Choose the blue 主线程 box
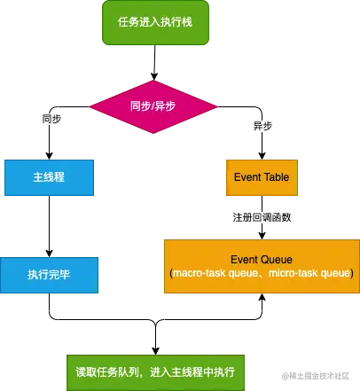point(49,177)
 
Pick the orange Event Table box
point(261,177)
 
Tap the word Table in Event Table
point(275,177)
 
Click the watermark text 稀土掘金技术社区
point(317,376)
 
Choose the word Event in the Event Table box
point(247,177)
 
